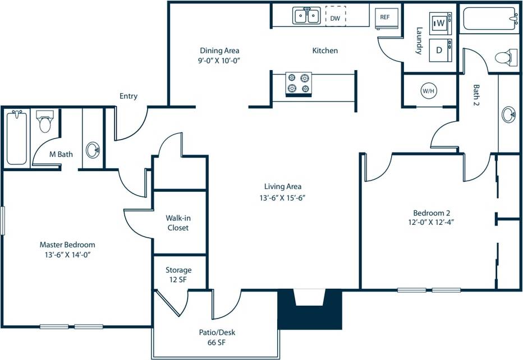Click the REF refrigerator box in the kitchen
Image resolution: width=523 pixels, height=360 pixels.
[386, 17]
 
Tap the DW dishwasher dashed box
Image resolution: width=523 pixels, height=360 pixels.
[335, 17]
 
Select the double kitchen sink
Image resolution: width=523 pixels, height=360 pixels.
[306, 16]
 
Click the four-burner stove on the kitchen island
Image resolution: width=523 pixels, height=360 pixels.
[299, 84]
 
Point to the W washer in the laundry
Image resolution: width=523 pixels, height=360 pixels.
[440, 23]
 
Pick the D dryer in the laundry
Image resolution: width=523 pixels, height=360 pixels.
[439, 50]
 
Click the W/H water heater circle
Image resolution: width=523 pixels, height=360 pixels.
[428, 90]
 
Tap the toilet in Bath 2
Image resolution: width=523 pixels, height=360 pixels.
[506, 57]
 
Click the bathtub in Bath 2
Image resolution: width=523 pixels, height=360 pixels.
[490, 19]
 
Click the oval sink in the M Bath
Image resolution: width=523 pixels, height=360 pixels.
[93, 150]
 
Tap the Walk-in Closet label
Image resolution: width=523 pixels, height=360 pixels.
[177, 223]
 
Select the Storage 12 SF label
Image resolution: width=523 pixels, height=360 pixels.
[178, 275]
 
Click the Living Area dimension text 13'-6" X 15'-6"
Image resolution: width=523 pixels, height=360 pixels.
[283, 197]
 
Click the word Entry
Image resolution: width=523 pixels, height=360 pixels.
[129, 96]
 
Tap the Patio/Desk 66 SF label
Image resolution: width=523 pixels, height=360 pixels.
[215, 337]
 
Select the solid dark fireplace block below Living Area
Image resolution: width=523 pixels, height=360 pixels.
[310, 317]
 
